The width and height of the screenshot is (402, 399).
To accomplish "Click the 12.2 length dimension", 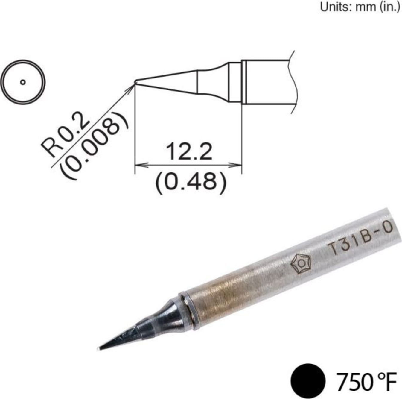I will [189, 151].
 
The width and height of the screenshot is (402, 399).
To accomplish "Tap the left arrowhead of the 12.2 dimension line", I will [139, 165].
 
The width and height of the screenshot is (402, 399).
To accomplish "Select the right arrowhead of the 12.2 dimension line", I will [237, 165].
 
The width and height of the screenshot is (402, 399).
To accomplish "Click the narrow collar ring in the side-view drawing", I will [234, 82].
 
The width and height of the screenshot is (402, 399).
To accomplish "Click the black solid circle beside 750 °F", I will [308, 381].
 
